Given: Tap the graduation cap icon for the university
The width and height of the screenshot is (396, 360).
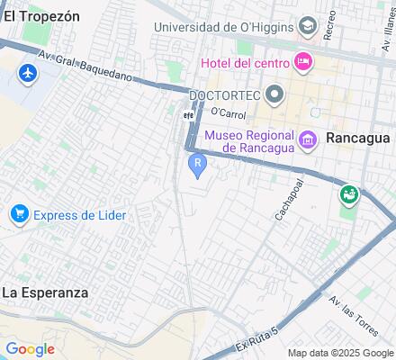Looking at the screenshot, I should point(309,25).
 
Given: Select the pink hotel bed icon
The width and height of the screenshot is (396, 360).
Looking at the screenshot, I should point(303,62).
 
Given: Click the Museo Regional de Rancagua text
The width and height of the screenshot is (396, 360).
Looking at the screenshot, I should point(247,141).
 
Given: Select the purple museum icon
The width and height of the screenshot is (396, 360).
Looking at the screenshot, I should point(308,138).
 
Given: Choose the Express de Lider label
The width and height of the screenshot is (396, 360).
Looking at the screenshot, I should point(79,215).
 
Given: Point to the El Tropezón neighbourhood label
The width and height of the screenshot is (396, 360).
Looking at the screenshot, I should point(41,16).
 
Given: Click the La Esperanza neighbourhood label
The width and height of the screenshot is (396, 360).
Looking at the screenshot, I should point(45,292).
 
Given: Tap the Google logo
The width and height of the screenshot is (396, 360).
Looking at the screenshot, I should point(30,349).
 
